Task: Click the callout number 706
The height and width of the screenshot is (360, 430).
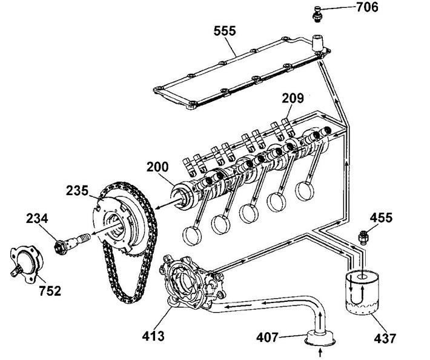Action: click(x=367, y=7)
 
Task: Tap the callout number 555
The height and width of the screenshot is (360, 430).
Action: click(x=225, y=31)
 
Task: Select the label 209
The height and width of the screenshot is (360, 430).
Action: click(x=293, y=98)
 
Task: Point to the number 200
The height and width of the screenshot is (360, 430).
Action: click(x=157, y=167)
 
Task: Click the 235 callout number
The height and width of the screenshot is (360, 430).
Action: click(x=77, y=190)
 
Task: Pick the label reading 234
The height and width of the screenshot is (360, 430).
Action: click(x=37, y=218)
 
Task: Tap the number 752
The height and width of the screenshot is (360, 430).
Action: click(x=50, y=291)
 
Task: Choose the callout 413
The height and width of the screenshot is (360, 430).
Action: click(x=153, y=336)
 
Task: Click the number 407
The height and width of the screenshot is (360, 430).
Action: click(x=267, y=337)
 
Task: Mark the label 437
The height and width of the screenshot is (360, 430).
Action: click(x=385, y=338)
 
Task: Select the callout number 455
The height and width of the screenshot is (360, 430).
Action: click(x=381, y=218)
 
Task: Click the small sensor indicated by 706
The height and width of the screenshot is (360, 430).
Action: click(x=317, y=14)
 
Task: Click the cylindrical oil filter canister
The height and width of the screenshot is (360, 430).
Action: click(x=362, y=293)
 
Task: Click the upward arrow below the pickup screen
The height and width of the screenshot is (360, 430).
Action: click(x=320, y=353)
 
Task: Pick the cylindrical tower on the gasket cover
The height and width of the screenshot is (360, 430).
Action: click(x=318, y=43)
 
